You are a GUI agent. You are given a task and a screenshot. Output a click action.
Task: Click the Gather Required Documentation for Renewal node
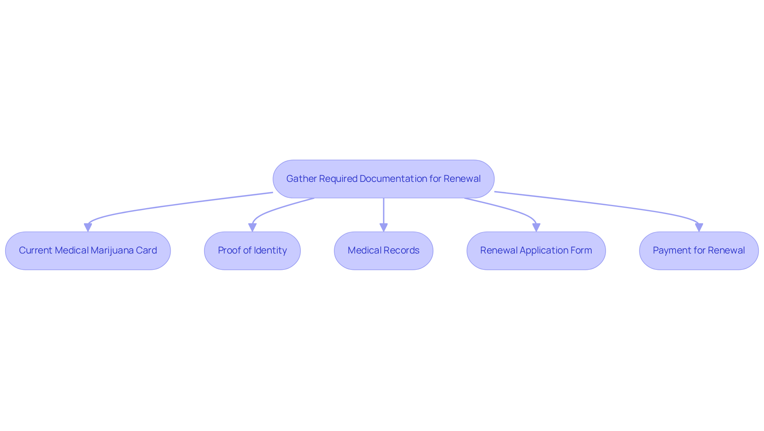coord(384,179)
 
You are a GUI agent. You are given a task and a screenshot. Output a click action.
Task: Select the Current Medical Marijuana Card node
coord(88,251)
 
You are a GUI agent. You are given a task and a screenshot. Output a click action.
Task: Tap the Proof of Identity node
coord(252,251)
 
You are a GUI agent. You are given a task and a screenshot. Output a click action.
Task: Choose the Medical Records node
coord(384,251)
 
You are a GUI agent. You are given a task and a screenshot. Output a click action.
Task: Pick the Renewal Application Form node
coord(536,251)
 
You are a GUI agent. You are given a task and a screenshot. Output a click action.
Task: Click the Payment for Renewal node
coord(699,251)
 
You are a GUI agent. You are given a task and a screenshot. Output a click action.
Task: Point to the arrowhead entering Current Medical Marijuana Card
coord(88,228)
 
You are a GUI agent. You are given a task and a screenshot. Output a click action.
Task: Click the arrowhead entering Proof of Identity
coord(252,228)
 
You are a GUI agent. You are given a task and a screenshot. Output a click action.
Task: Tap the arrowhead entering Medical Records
coord(384,228)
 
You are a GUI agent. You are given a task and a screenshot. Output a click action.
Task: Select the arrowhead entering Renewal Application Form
coord(536,228)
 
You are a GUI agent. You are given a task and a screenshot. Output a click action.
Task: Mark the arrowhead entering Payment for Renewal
coord(699,228)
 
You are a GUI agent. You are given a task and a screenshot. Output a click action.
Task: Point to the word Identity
coord(270,251)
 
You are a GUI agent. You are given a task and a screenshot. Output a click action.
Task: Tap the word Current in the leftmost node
coord(36,250)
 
